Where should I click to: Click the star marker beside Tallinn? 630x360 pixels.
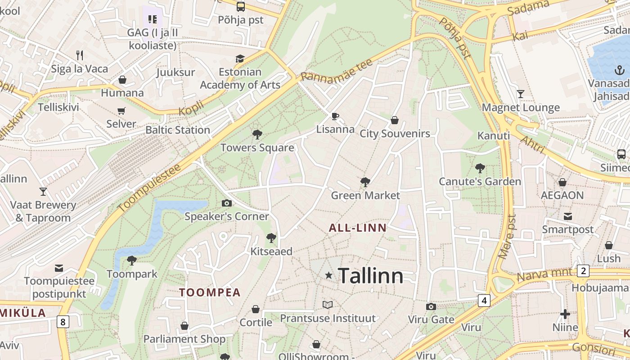(329, 275)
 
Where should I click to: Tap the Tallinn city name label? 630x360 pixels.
(370, 275)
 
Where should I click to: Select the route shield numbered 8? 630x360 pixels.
(63, 322)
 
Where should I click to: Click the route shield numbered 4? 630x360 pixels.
(484, 300)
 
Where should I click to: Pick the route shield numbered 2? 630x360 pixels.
(583, 271)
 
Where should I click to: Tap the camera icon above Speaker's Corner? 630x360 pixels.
(227, 203)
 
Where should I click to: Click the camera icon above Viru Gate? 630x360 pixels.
(431, 306)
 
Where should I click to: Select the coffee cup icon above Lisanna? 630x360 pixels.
(335, 116)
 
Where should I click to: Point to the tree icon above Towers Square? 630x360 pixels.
(257, 134)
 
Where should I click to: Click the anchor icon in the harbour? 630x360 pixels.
(620, 70)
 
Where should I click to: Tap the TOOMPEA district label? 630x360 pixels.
(210, 292)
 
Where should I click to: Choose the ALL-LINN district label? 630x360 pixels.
(357, 228)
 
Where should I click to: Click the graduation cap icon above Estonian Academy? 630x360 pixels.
(240, 58)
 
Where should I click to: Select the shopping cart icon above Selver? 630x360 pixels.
(121, 111)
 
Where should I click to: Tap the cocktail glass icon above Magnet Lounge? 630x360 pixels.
(521, 94)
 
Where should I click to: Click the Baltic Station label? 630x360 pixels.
(178, 130)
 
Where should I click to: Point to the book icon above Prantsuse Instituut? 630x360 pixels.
(328, 305)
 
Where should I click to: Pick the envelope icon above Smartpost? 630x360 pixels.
(567, 216)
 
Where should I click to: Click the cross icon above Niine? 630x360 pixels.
(565, 314)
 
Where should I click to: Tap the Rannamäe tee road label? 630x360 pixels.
(336, 70)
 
